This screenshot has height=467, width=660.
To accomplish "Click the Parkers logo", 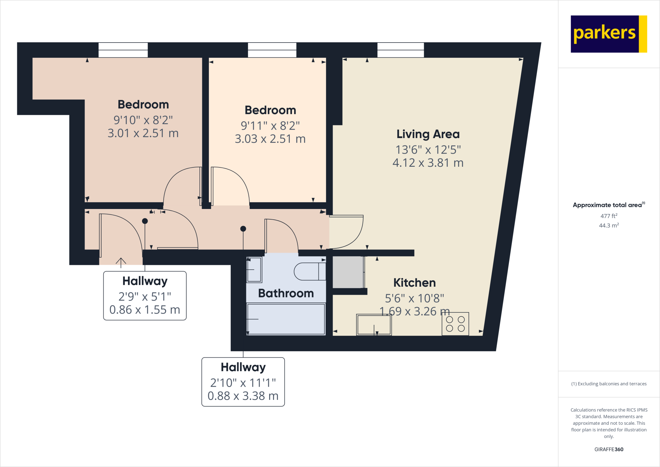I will (x=608, y=34).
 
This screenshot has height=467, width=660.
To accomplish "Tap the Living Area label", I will (x=428, y=134).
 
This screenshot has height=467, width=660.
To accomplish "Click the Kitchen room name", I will (x=414, y=283).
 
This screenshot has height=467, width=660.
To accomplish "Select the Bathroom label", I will (x=286, y=293).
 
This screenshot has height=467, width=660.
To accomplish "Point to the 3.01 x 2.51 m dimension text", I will (x=143, y=133).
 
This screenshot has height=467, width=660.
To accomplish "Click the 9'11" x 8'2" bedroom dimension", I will (x=270, y=126).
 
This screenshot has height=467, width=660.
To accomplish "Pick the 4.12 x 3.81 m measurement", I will (x=428, y=163).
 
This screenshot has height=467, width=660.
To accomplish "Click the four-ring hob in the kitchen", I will (x=455, y=324).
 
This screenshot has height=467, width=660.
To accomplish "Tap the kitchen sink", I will (x=374, y=325).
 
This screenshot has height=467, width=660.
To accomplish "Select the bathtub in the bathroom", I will (x=286, y=319).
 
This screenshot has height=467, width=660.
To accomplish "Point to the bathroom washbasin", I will (x=254, y=270).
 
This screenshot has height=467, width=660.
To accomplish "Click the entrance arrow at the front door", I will (x=121, y=262).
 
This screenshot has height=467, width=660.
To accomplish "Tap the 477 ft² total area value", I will (x=609, y=216).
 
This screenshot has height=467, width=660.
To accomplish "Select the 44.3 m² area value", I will (x=609, y=225).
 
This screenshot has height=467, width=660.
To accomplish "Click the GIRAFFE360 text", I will (x=609, y=449).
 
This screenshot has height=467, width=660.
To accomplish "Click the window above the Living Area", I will (x=401, y=50).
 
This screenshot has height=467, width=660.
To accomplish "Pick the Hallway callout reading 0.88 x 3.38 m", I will (x=243, y=382).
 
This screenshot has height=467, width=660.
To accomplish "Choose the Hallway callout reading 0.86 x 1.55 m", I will (x=145, y=296).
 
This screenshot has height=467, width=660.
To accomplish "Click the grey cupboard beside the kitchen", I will (x=348, y=272).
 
